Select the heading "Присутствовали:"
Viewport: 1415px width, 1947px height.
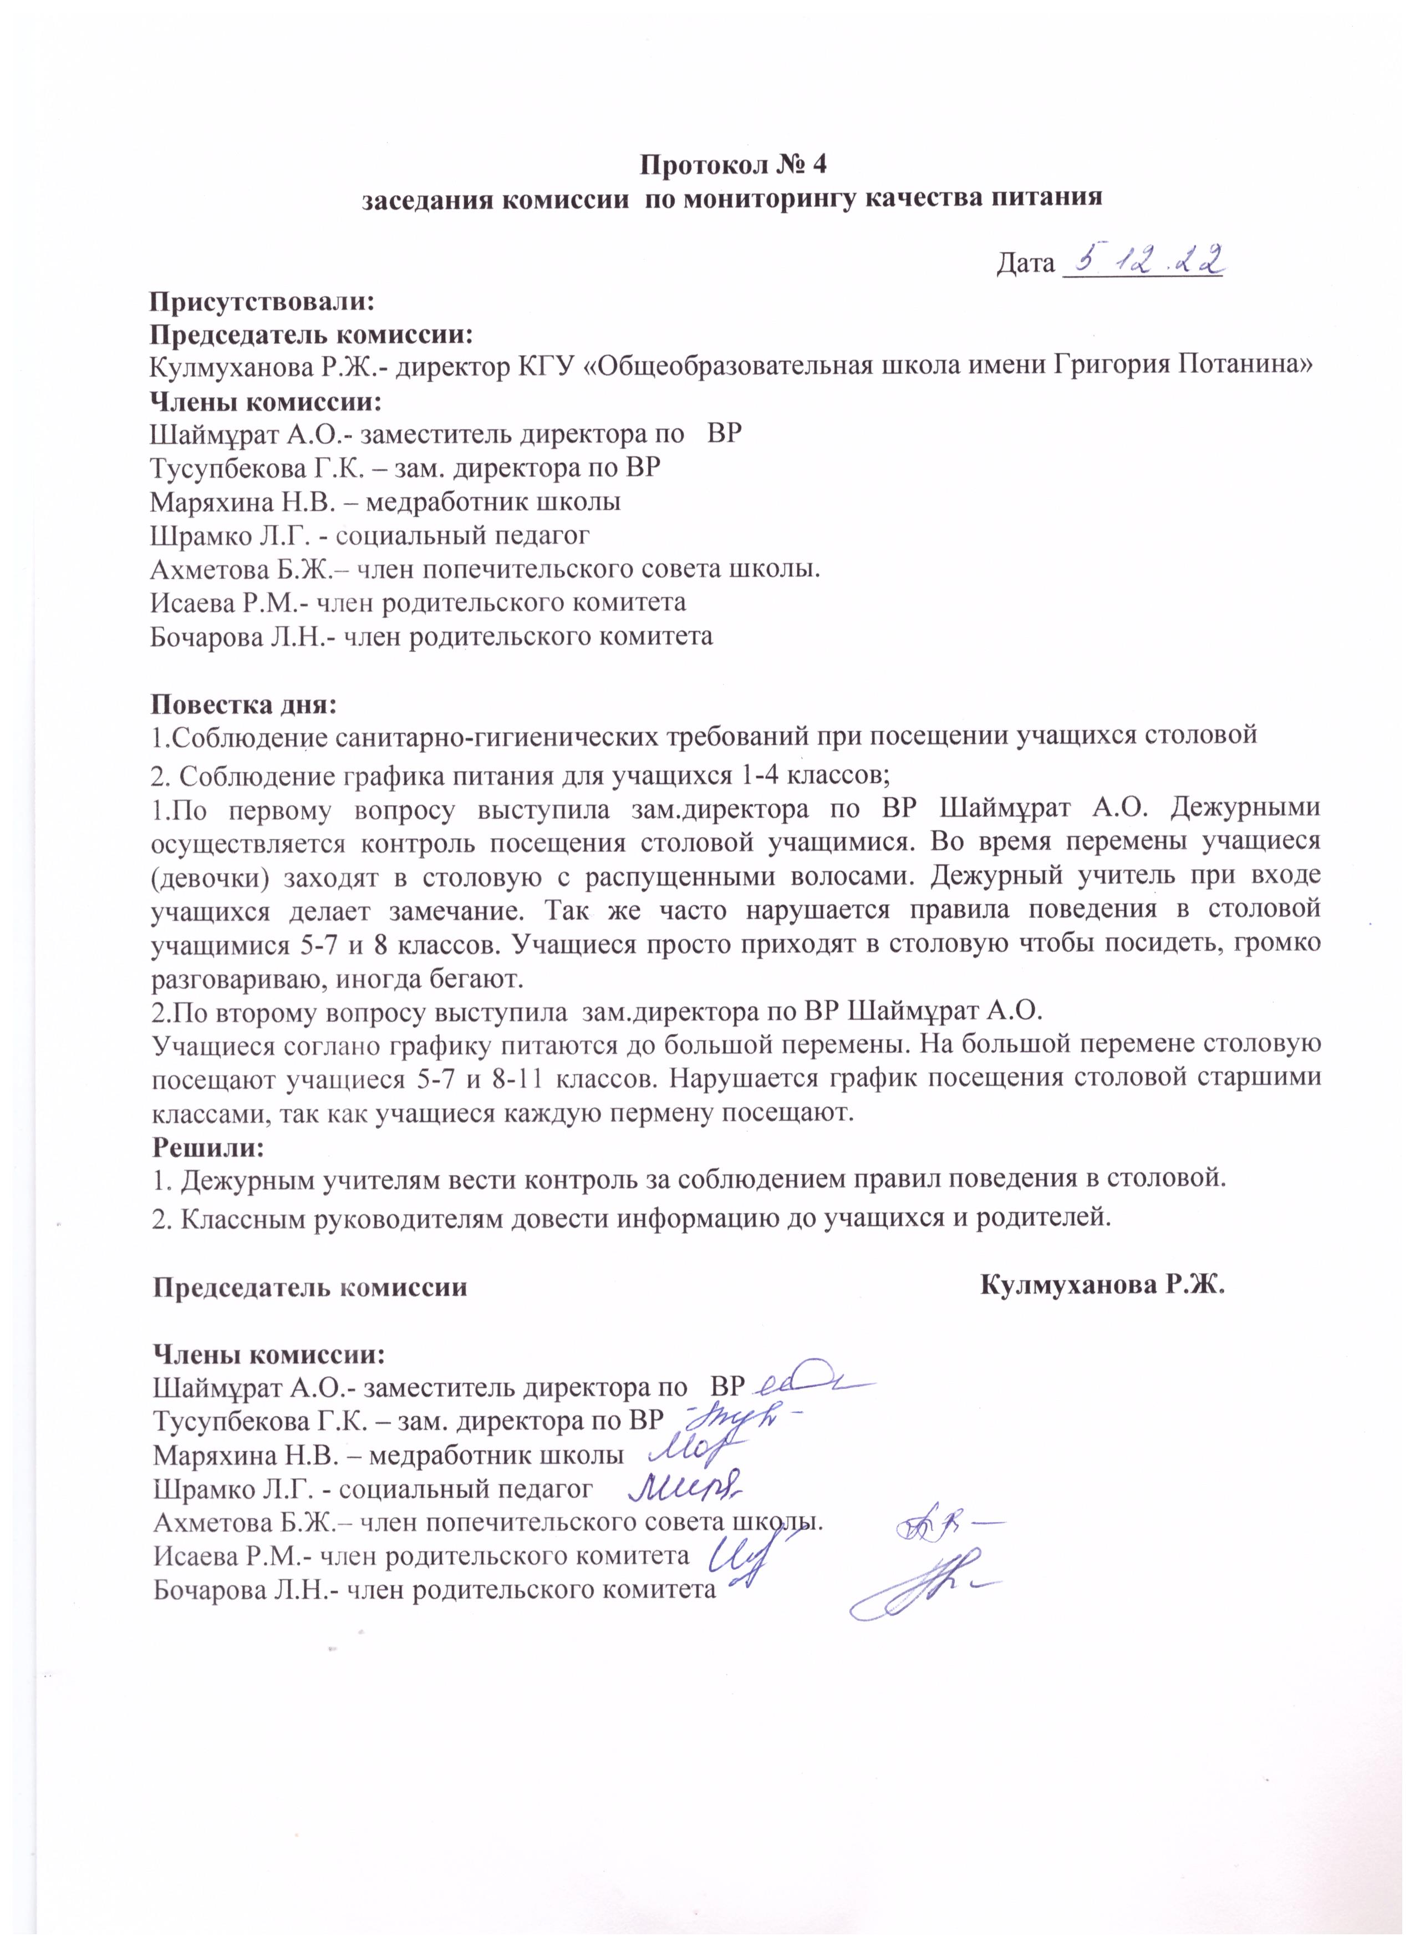[x=263, y=301]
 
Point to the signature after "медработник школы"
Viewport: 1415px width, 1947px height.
[x=695, y=1451]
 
